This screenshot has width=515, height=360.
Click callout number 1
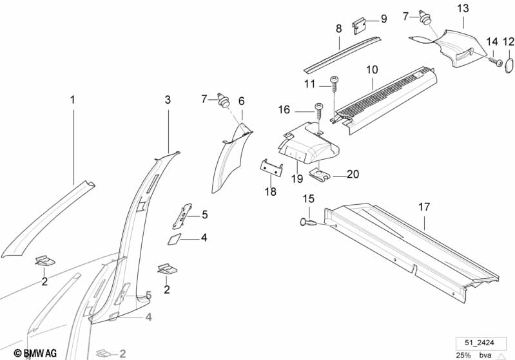tap(73, 100)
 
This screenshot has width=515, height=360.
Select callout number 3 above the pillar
tap(168, 100)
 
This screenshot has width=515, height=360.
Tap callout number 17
tap(423, 207)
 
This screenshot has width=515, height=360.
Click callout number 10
tap(373, 69)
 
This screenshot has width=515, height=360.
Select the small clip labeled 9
tap(360, 26)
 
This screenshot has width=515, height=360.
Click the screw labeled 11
tap(334, 80)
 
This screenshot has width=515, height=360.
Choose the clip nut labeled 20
tap(320, 174)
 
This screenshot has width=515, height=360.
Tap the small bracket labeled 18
tap(273, 167)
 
